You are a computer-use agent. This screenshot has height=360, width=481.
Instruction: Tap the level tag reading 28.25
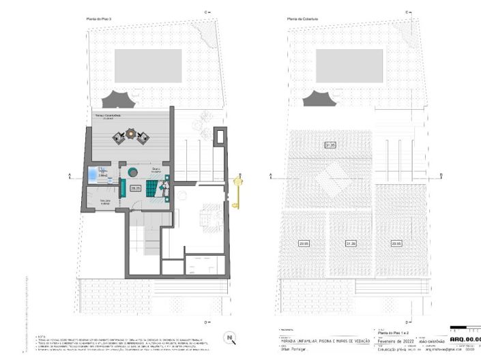click(134, 188)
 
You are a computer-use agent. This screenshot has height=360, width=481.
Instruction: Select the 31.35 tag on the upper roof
click(330, 145)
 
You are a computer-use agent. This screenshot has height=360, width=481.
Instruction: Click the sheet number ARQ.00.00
click(464, 339)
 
